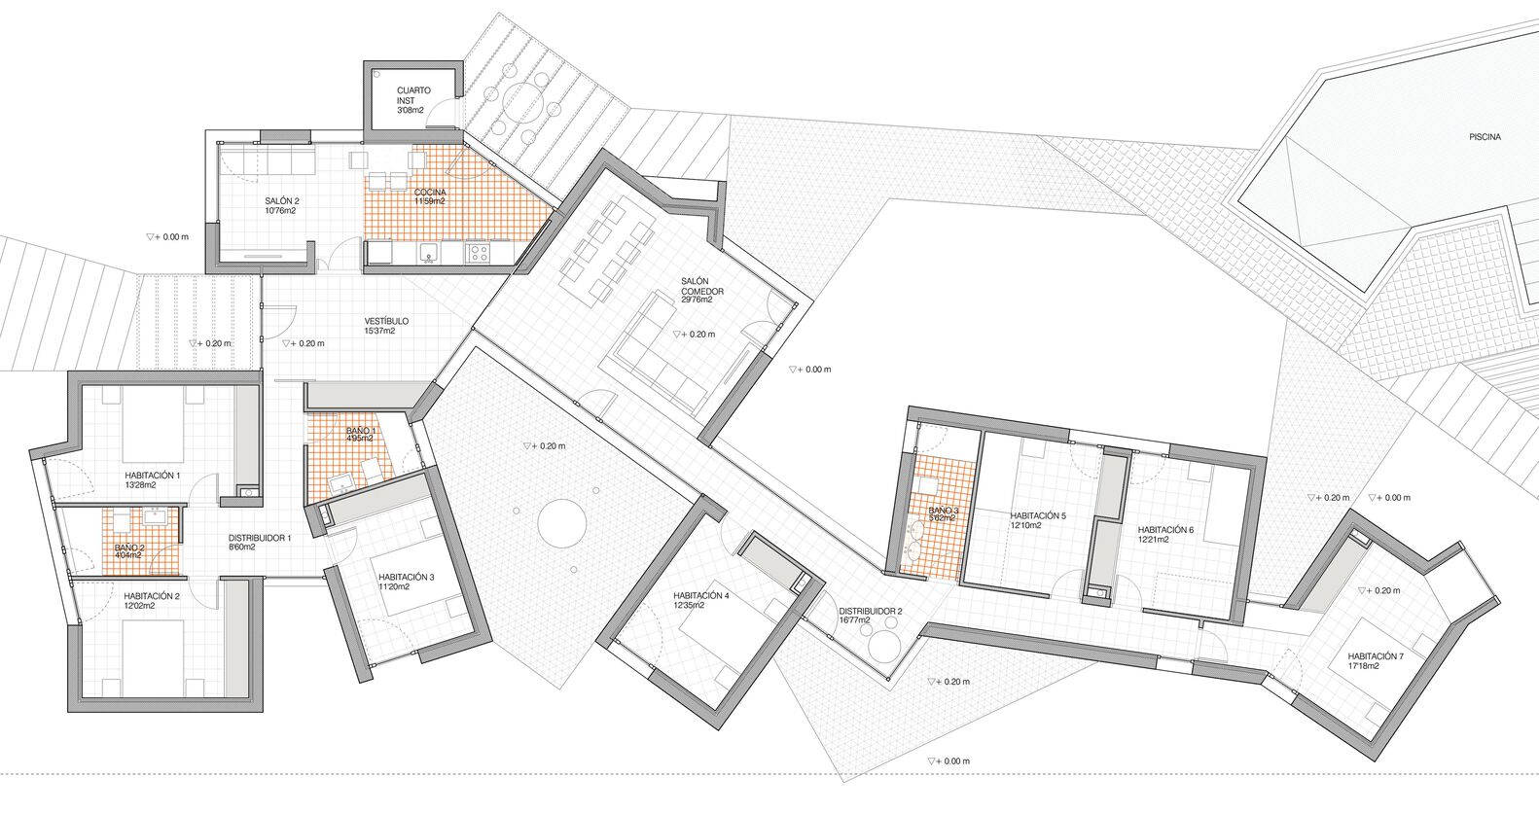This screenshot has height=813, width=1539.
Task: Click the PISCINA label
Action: click(x=1485, y=137)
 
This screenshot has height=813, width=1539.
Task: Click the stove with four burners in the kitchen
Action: click(x=479, y=252)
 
